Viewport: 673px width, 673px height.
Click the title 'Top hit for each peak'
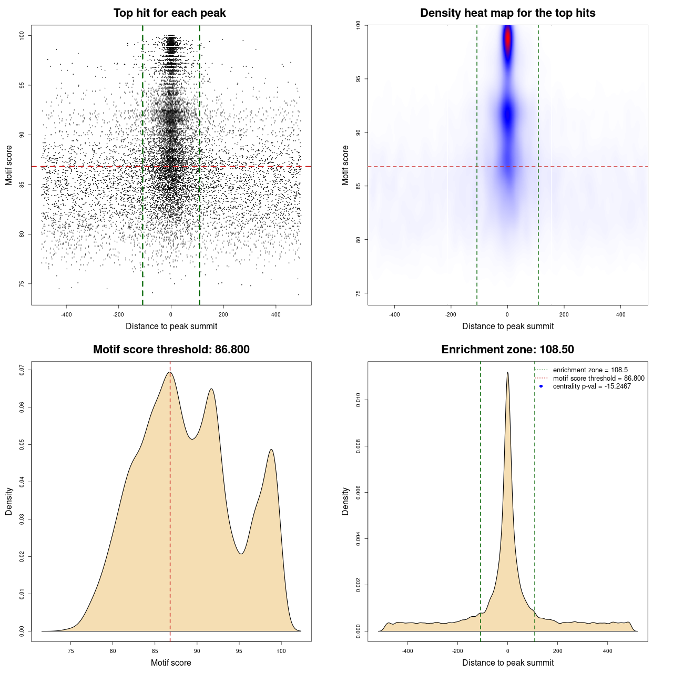point(169,13)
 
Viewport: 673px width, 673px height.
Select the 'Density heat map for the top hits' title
point(507,13)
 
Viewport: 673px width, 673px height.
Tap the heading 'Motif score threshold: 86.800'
point(171,350)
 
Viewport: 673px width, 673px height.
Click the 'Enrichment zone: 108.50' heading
point(507,350)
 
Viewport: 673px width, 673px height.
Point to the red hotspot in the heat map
point(508,39)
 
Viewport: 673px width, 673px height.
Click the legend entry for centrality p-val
point(592,386)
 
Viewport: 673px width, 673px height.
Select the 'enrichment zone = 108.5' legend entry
point(590,370)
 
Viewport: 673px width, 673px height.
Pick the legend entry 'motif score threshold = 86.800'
point(598,379)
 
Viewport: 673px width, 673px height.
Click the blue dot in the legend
point(541,386)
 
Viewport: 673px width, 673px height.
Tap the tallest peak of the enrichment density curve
point(507,373)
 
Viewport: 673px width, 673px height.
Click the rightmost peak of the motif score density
point(271,450)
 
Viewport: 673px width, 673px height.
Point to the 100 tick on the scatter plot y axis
point(22,35)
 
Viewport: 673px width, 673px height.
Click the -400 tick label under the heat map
point(394,315)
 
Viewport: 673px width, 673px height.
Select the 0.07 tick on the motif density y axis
point(22,370)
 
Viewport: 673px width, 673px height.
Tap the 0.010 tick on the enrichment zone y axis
point(359,401)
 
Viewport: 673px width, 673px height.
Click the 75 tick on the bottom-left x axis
point(71,651)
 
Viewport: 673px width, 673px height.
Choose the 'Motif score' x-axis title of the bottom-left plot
point(171,662)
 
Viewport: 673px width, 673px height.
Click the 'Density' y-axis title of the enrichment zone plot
point(345,501)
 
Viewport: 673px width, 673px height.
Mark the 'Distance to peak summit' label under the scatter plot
point(171,326)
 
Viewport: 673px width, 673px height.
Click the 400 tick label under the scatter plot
point(276,315)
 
